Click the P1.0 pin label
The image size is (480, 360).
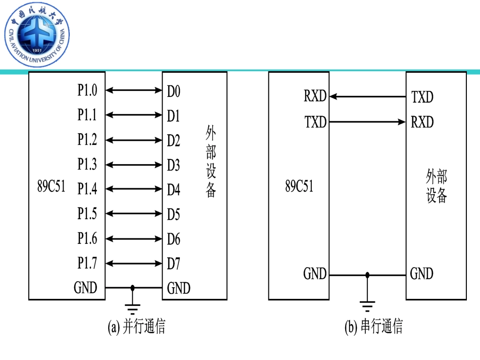(87, 90)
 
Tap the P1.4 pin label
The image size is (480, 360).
(87, 189)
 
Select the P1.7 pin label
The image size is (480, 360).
(87, 263)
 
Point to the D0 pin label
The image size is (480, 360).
(174, 91)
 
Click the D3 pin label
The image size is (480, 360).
(174, 165)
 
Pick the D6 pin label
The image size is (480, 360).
(174, 239)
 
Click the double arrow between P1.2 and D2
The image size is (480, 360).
(133, 140)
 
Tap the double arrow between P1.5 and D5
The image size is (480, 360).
(133, 214)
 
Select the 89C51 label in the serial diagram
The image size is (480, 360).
(299, 186)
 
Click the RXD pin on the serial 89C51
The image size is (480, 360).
(315, 96)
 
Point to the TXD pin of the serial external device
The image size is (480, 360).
(422, 97)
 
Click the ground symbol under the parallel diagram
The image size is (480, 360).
(133, 307)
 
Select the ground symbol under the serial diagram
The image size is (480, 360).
(367, 304)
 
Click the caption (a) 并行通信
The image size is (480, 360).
(137, 327)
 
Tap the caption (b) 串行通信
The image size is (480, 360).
(373, 327)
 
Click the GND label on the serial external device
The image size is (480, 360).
(421, 274)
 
